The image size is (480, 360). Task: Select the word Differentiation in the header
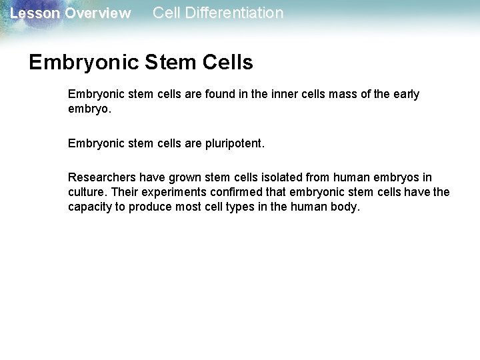click(235, 13)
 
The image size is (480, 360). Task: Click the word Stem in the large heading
click(169, 63)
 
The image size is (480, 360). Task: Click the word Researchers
click(101, 177)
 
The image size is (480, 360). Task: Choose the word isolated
click(278, 177)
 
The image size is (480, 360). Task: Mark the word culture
click(87, 192)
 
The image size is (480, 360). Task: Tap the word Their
click(125, 192)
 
